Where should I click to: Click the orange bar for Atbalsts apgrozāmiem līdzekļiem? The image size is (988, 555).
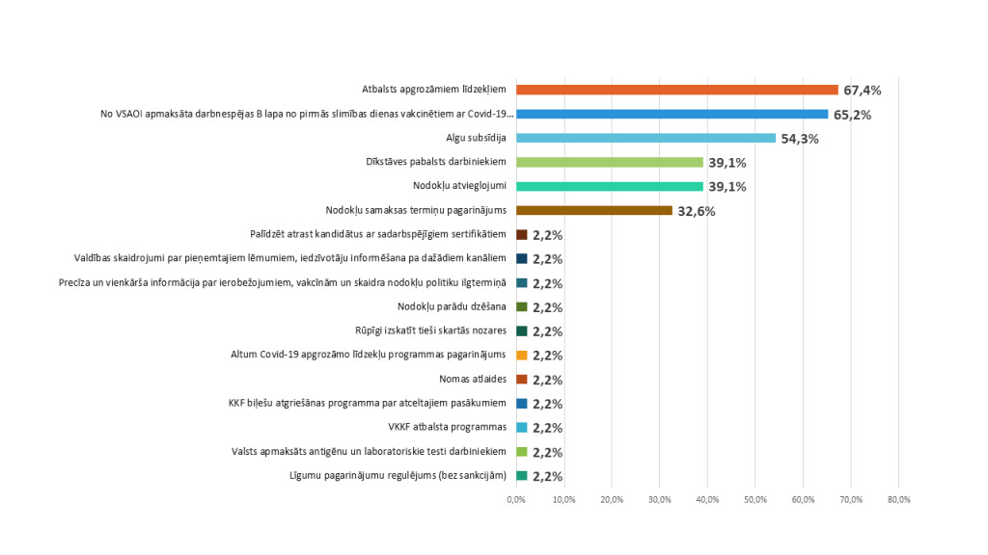[x=677, y=90]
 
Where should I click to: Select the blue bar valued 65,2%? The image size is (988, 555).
[x=672, y=114]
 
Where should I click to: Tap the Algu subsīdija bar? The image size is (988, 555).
[x=646, y=138]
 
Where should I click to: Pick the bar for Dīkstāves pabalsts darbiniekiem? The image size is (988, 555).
[x=610, y=162]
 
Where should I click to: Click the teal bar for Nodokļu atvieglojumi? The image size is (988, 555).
[x=610, y=186]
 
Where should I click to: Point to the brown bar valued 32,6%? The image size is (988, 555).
[x=594, y=210]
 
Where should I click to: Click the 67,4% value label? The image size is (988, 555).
[x=863, y=91]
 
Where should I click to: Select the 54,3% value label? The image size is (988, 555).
[x=800, y=139]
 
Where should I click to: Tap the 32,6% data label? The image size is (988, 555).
[x=696, y=211]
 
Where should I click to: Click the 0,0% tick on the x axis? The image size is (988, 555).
[x=516, y=499]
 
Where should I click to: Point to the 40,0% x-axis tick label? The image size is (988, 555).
[x=707, y=499]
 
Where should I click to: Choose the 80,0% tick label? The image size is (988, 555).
[x=898, y=499]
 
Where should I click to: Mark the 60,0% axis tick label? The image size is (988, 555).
[x=803, y=499]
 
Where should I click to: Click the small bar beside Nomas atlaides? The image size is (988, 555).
[x=522, y=379]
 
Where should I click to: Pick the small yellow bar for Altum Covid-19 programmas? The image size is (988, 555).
[x=522, y=355]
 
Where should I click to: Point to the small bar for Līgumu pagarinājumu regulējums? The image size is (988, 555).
[x=522, y=475]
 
